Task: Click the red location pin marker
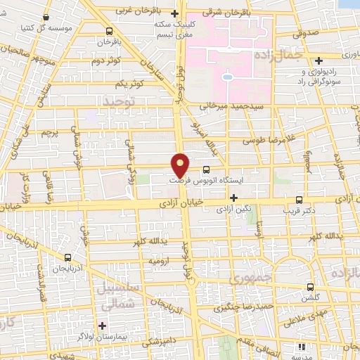coord(181,165)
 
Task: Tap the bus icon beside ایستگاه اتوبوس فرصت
coord(206,169)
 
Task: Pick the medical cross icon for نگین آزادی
coord(233,198)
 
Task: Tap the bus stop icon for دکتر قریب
coord(300,199)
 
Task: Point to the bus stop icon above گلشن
coord(311,287)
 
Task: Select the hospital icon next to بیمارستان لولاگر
coord(103,326)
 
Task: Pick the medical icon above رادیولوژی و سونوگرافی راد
coord(320,60)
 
